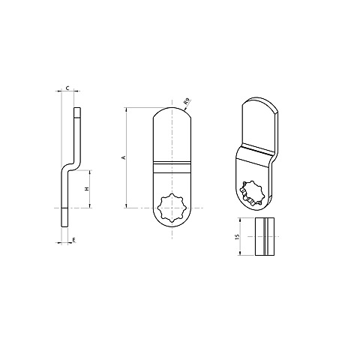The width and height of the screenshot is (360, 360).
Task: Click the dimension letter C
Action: (67, 88)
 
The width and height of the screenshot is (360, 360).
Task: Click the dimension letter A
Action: (123, 157)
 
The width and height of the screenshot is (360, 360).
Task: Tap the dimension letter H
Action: (87, 189)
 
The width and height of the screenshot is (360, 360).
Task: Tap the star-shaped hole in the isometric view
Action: (253, 193)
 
